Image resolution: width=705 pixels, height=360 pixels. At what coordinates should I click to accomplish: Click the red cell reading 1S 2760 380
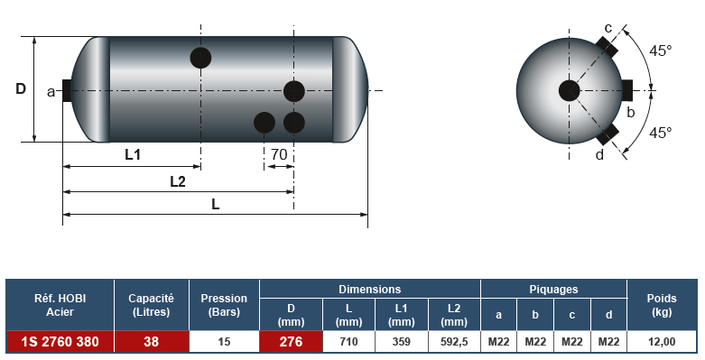60,342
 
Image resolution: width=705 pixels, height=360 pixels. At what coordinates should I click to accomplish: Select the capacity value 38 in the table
151,342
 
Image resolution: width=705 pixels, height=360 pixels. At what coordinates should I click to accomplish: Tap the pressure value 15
224,342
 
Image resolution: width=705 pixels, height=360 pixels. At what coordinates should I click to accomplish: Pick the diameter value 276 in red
291,342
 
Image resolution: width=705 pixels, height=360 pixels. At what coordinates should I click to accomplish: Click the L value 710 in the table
348,342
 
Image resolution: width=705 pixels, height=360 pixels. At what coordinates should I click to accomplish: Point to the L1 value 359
401,342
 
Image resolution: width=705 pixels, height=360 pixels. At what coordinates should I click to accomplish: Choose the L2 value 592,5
454,342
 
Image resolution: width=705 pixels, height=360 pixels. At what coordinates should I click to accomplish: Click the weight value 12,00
662,342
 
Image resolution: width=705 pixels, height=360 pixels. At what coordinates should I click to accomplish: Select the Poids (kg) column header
662,305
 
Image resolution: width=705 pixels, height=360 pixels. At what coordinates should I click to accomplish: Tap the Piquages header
553,289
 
